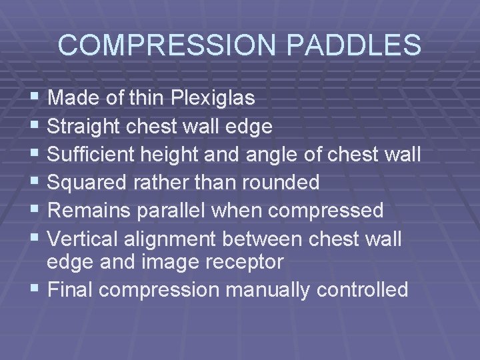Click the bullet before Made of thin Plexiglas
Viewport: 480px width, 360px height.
click(35, 98)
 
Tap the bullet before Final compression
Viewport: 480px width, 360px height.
click(35, 289)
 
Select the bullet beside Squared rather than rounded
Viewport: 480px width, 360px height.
click(35, 181)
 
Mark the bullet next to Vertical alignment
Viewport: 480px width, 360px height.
click(35, 238)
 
